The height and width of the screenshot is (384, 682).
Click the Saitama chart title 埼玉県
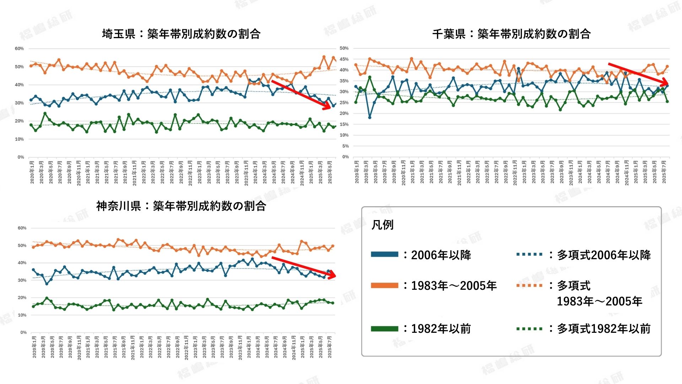pyautogui.click(x=119, y=34)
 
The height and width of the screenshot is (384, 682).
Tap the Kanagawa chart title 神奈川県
pyautogui.click(x=119, y=206)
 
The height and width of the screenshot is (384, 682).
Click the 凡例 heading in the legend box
pyautogui.click(x=382, y=225)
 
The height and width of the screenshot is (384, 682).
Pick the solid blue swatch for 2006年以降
pyautogui.click(x=384, y=254)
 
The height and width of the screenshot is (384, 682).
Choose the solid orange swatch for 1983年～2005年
pyautogui.click(x=384, y=285)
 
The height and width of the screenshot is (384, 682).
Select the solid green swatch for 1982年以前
pyautogui.click(x=384, y=329)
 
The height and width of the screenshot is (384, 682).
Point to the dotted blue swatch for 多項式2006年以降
pyautogui.click(x=529, y=254)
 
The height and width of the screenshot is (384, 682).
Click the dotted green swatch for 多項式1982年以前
pyautogui.click(x=529, y=329)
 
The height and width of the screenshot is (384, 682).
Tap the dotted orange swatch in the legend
pyautogui.click(x=529, y=285)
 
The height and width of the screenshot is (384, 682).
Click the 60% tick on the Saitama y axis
pyautogui.click(x=19, y=49)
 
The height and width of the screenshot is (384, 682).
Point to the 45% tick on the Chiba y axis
pyautogui.click(x=344, y=59)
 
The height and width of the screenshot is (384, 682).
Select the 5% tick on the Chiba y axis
pyautogui.click(x=345, y=146)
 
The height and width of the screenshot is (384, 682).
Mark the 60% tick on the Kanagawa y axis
pyautogui.click(x=22, y=228)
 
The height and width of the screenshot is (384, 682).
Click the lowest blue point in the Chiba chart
pyautogui.click(x=370, y=117)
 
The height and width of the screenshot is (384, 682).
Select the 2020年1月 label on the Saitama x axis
pyautogui.click(x=32, y=172)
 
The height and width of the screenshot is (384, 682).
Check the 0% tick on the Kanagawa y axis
pyautogui.click(x=23, y=332)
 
